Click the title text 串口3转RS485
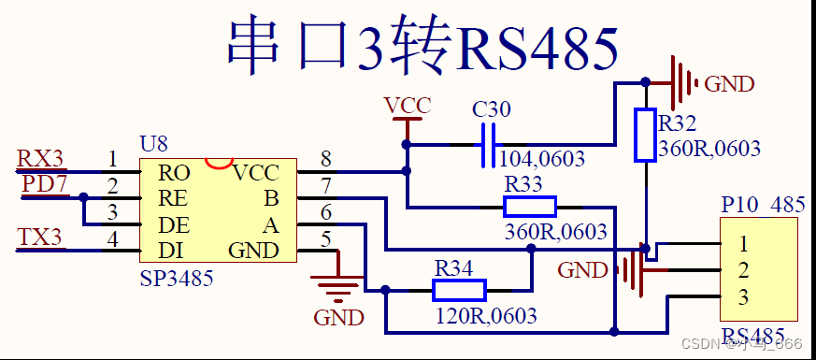coord(422,44)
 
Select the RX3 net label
coord(39,159)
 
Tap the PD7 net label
coord(45,184)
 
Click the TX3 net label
coord(39,237)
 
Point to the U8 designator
coord(153,143)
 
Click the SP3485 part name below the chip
coord(176,278)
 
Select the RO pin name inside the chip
coord(174,172)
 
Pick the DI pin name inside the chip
coord(171,251)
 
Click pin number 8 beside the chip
coord(325,158)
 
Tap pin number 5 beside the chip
coord(325,238)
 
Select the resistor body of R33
coord(529,207)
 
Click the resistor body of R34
coord(459,290)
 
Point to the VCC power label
coord(408,106)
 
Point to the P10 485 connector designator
coord(763,205)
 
